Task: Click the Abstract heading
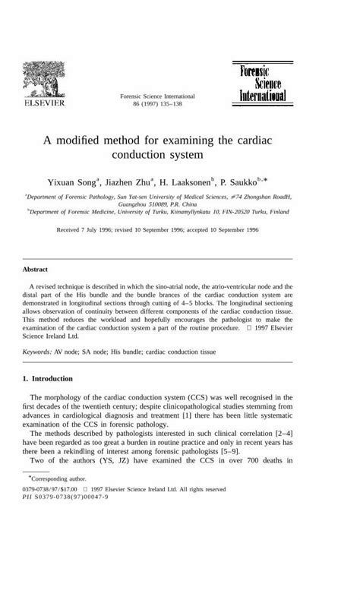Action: (36, 269)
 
